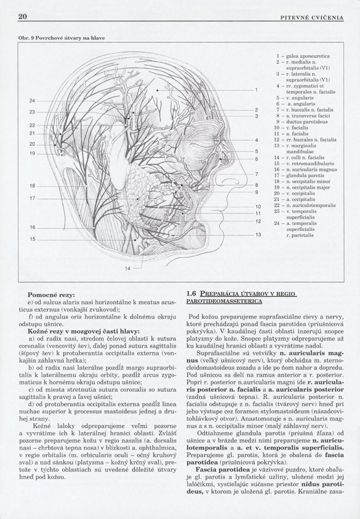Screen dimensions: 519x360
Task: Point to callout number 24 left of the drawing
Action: [32, 101]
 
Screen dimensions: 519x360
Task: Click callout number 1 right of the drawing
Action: [256, 89]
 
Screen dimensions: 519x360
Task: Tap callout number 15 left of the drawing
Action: [32, 239]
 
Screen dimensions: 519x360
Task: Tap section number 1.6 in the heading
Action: [191, 294]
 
